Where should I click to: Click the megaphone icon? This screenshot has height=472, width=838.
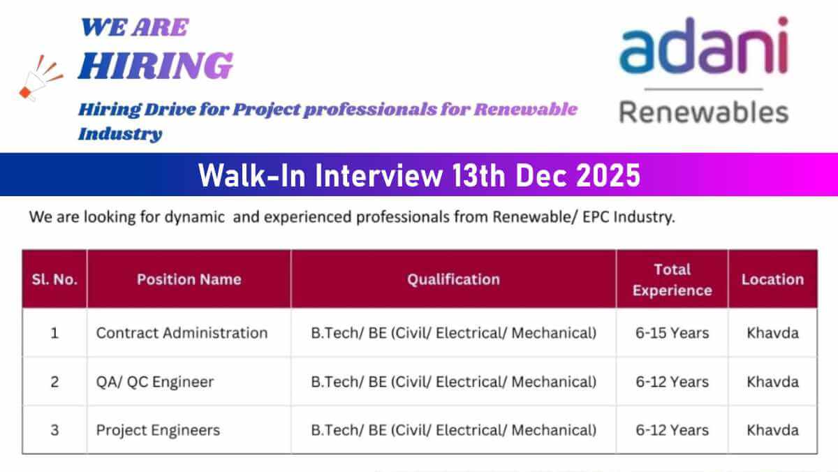point(41,78)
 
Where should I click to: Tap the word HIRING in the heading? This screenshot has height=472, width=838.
point(156,66)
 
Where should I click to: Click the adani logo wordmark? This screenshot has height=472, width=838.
point(704,45)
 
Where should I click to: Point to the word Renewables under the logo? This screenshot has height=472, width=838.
point(704,112)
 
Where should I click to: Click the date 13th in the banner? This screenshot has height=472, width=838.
point(479,175)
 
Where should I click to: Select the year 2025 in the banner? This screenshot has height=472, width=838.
point(608,175)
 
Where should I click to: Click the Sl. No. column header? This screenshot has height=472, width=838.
point(54,279)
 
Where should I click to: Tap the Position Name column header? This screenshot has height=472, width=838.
point(189,279)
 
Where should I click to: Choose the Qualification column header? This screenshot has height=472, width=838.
point(453,279)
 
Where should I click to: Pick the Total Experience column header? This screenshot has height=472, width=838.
point(672,280)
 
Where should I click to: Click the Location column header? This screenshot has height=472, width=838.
point(772,279)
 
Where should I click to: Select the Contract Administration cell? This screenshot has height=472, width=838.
point(182,333)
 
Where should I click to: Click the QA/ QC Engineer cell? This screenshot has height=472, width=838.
point(155,382)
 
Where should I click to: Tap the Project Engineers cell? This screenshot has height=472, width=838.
point(158,430)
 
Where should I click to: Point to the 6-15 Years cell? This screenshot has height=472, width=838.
point(672,333)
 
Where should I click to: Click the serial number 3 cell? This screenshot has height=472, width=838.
point(54,430)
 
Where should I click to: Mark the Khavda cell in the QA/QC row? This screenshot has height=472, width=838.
point(772,382)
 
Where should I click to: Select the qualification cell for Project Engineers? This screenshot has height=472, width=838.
point(453,430)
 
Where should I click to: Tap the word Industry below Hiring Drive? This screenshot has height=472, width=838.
point(120,134)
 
